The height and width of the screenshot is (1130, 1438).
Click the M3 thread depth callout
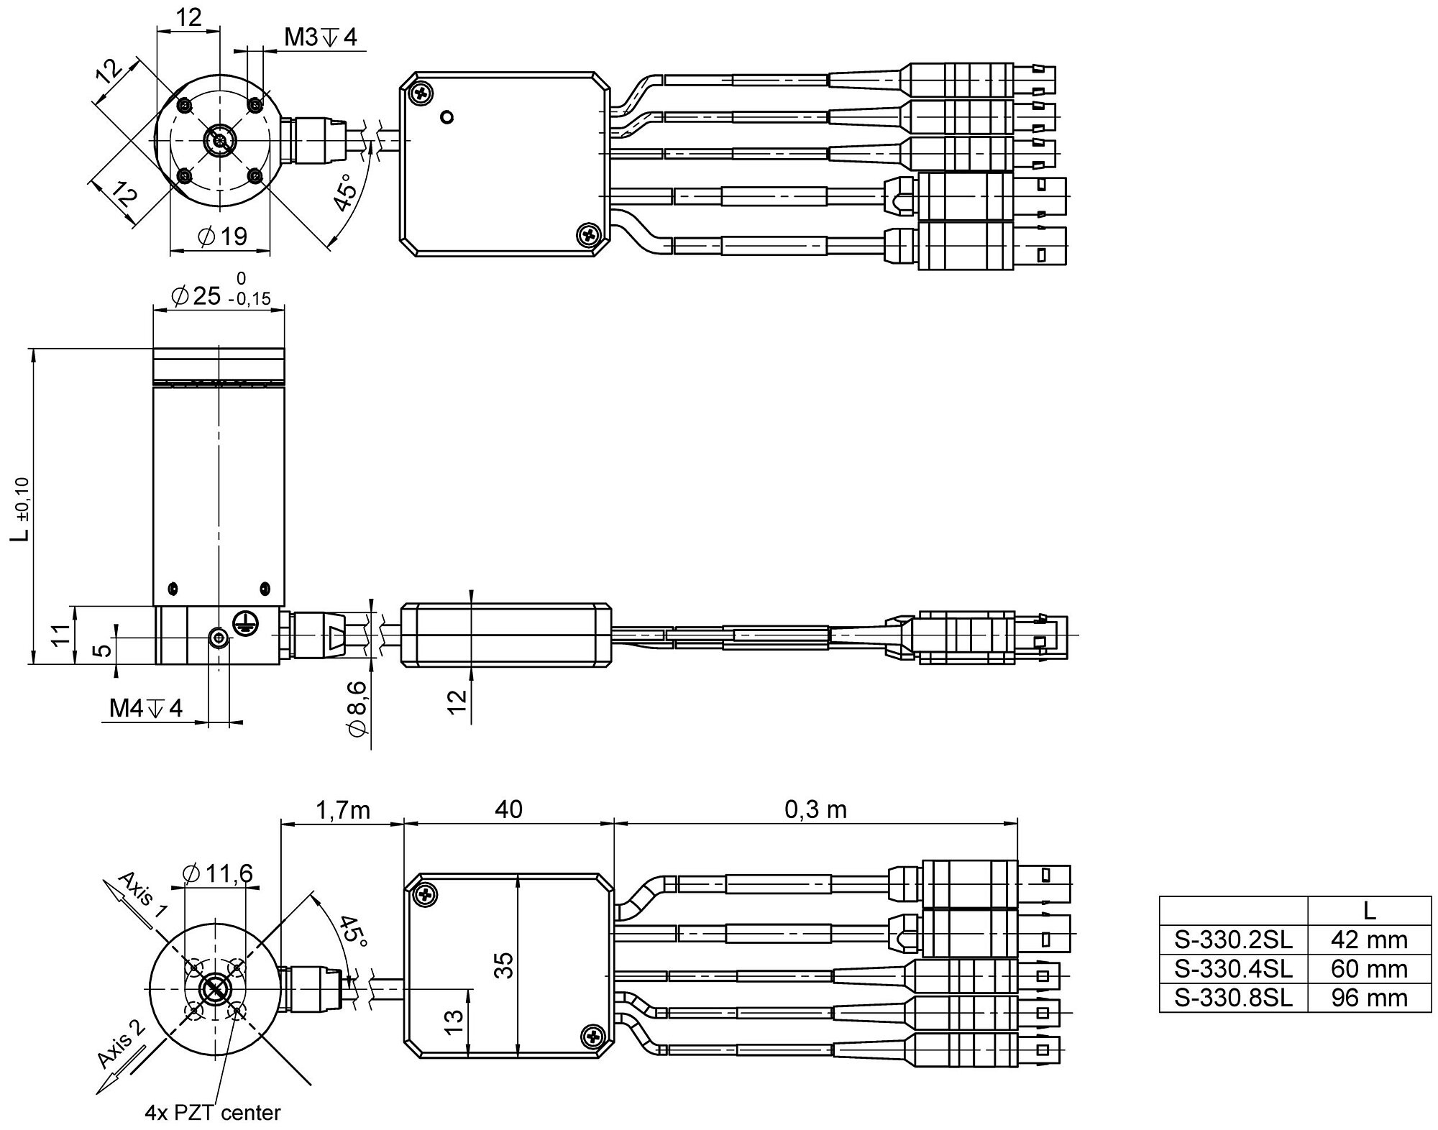(x=320, y=37)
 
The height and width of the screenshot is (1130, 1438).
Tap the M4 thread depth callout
(x=146, y=708)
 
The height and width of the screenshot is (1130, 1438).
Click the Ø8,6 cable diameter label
(x=357, y=708)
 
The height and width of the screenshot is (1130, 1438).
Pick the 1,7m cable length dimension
(x=342, y=810)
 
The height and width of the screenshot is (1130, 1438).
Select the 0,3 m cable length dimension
(x=815, y=810)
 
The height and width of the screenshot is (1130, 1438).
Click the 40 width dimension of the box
(x=508, y=810)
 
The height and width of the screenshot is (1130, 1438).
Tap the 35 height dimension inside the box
(x=505, y=965)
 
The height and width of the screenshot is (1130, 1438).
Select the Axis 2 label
(x=120, y=1043)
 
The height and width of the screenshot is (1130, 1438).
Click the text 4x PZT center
(x=212, y=1113)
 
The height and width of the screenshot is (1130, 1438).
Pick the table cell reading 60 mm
(x=1368, y=969)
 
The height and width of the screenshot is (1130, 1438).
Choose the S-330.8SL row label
(x=1233, y=998)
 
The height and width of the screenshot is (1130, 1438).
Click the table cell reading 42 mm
(x=1368, y=940)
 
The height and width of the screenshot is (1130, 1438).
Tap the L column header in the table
(x=1368, y=911)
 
